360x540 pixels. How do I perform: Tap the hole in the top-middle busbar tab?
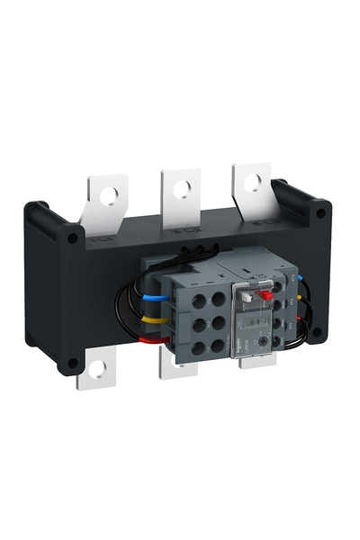[184, 188]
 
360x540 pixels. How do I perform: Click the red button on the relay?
[266, 292]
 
